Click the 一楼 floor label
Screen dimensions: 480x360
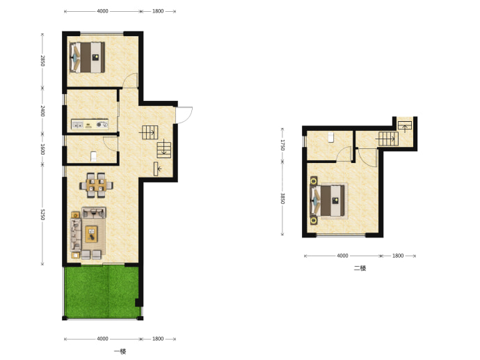[120, 352]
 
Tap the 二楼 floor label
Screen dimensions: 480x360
[360, 268]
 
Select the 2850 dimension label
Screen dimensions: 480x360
[42, 61]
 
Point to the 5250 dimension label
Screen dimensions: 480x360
[42, 214]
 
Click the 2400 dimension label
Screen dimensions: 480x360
[42, 111]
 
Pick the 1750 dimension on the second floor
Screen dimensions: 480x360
[282, 145]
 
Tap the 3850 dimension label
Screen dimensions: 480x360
[282, 198]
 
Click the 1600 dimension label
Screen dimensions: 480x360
[42, 149]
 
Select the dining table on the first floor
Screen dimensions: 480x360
[96, 185]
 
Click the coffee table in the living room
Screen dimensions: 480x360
[91, 235]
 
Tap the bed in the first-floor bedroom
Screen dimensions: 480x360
[88, 57]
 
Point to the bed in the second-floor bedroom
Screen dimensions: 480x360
[327, 201]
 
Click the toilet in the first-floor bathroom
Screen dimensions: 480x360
[94, 157]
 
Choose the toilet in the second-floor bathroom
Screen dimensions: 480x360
[330, 137]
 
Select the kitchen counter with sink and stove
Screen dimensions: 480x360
[90, 125]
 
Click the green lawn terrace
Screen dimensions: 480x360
[102, 292]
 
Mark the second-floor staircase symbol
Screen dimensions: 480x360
[388, 139]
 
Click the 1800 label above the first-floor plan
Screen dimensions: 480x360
[158, 11]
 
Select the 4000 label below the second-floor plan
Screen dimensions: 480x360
[342, 256]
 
